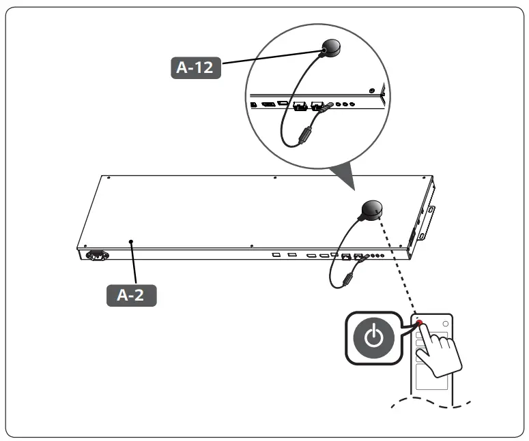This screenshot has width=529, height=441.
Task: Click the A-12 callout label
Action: click(x=195, y=68)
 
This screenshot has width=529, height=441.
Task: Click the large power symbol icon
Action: click(x=373, y=337)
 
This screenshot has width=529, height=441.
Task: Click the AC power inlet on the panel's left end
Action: click(x=96, y=257)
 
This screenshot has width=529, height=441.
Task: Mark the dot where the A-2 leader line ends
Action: click(x=130, y=241)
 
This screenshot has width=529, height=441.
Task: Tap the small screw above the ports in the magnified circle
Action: click(x=371, y=90)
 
